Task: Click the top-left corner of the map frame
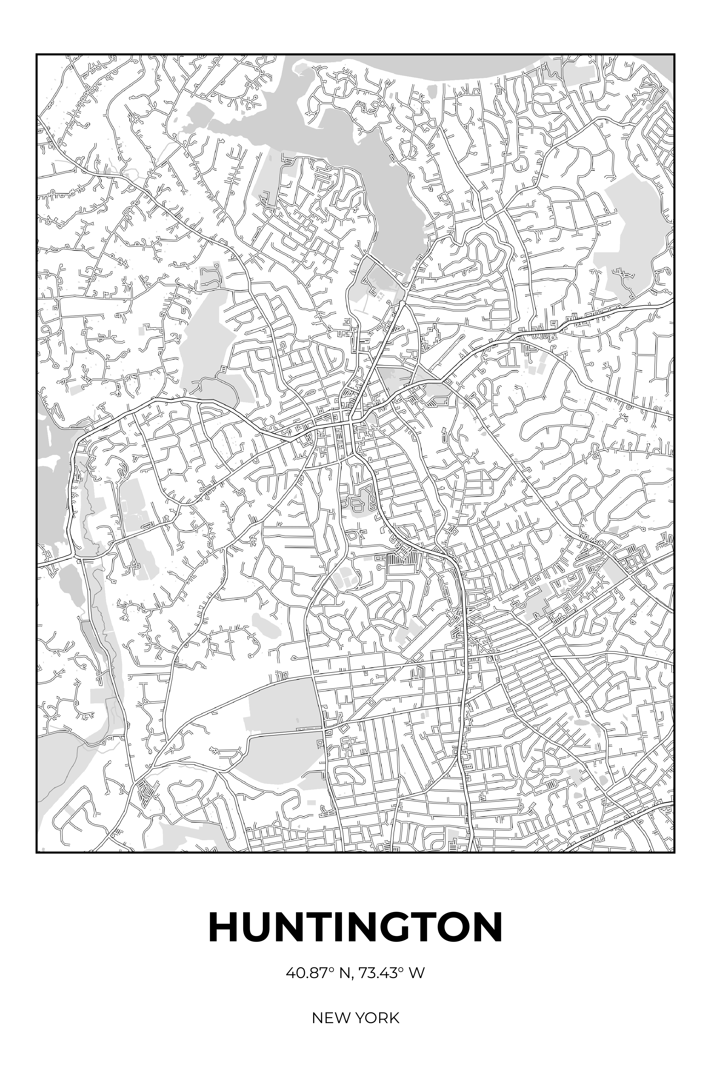[x=37, y=55]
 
